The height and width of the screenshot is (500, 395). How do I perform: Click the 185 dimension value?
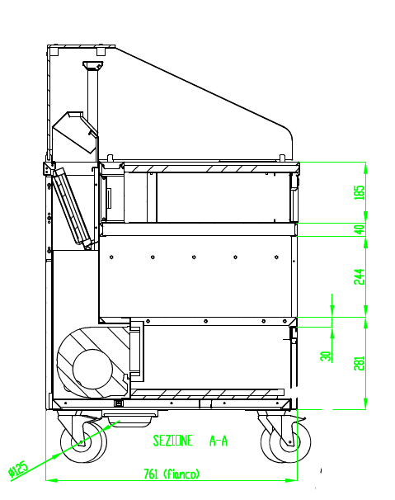point(359,192)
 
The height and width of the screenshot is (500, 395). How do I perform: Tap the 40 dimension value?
point(360,229)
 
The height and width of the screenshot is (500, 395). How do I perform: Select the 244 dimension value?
point(359,276)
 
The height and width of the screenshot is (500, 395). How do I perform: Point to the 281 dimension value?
point(359,363)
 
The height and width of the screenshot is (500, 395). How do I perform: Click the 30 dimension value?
point(326,356)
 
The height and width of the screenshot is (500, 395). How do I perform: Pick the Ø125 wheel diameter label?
point(18,470)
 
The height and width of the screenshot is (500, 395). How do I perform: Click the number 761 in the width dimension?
point(151,474)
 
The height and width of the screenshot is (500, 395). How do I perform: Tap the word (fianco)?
point(181,474)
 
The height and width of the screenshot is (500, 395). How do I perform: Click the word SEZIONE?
point(173,441)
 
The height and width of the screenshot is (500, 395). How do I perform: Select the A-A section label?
point(219,441)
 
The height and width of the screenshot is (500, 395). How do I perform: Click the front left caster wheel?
point(83,442)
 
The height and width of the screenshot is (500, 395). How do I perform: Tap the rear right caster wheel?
point(285,442)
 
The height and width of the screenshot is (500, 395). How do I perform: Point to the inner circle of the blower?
point(92,370)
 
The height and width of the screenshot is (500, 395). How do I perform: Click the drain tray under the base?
point(130,417)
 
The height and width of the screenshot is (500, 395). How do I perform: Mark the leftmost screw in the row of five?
point(111,257)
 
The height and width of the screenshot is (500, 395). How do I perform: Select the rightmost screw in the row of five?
point(276,257)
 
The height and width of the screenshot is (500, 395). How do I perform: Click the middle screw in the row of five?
point(194,257)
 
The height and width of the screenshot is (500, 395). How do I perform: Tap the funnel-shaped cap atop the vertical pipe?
point(93,66)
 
